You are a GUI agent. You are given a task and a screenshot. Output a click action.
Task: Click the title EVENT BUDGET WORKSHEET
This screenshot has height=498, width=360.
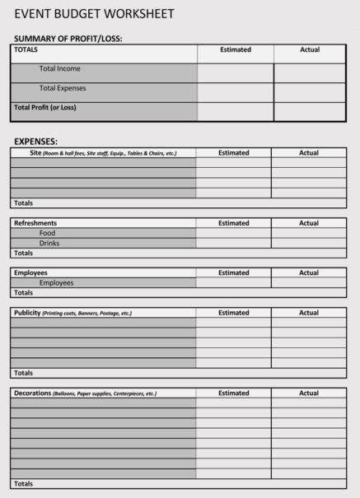coord(94,14)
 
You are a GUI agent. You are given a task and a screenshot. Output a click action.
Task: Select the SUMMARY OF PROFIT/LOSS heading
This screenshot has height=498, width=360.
coord(73,39)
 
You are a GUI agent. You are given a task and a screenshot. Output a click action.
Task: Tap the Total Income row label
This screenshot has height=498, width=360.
coord(60,69)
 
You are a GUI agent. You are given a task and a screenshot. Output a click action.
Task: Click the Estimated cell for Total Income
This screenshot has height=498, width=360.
coord(236,72)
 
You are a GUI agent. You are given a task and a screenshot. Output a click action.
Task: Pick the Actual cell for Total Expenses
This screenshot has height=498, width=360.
coord(310,91)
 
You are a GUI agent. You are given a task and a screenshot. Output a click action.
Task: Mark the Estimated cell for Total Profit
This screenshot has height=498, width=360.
coord(236,111)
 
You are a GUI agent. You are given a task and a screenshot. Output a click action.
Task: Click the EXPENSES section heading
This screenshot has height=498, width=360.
coord(36,142)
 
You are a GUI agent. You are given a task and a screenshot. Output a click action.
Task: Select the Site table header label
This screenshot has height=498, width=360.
coord(35,153)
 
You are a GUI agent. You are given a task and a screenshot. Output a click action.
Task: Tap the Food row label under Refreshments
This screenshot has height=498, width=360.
coord(48,233)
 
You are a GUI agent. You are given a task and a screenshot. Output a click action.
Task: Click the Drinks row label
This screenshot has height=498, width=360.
coord(49,243)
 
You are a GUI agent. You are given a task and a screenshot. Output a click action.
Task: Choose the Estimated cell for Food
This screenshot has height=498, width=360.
coord(233,233)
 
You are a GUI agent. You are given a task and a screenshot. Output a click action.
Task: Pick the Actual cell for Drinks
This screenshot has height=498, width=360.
coord(309,243)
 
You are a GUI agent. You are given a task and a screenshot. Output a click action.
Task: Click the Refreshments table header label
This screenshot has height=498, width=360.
coord(35,223)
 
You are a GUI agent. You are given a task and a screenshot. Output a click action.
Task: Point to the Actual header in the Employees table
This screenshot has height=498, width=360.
coord(309,272)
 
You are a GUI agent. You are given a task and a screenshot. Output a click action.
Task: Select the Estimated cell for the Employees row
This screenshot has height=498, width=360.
coord(233,282)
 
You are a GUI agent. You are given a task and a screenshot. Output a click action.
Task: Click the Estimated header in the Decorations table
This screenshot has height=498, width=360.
coord(233,393)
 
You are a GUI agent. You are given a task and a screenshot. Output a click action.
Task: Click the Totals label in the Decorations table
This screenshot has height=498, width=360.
coord(23,483)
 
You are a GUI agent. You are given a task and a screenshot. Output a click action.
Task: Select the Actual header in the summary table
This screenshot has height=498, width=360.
coord(310,50)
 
